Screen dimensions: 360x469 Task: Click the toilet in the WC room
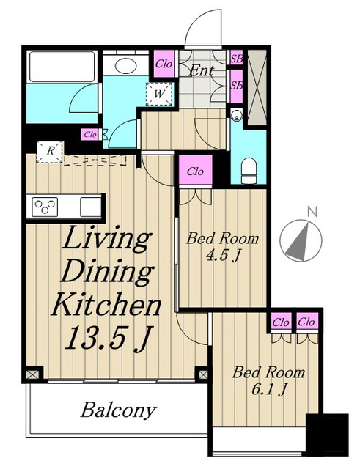click(249, 171)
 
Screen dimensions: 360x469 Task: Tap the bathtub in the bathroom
click(62, 67)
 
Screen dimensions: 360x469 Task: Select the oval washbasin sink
click(125, 66)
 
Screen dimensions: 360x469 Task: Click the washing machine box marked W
click(160, 94)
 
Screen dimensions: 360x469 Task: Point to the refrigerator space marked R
click(51, 152)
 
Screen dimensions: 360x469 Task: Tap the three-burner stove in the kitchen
click(45, 207)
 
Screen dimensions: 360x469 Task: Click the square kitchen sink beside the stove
click(91, 207)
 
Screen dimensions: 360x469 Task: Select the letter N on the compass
click(312, 212)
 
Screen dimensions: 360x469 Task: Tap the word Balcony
click(119, 410)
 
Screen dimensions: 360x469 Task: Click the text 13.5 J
click(107, 338)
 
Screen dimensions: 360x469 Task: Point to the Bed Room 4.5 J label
click(223, 247)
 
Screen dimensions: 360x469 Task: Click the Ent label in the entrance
click(202, 70)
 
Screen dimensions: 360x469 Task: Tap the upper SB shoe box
click(237, 59)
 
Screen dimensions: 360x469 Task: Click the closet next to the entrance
click(164, 64)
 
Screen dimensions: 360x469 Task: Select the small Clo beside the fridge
click(90, 135)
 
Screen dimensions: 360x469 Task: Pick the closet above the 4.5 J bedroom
click(196, 171)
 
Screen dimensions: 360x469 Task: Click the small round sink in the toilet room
click(237, 114)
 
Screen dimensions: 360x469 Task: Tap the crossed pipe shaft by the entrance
click(257, 87)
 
